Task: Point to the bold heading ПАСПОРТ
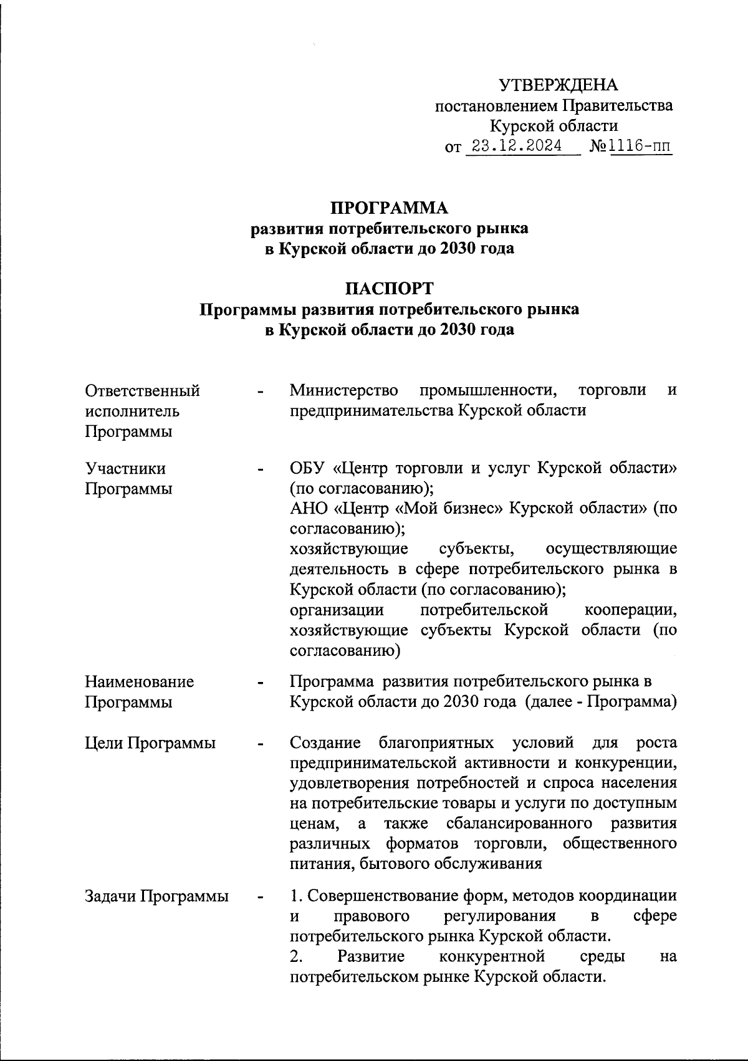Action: tap(389, 289)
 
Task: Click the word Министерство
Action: tap(344, 391)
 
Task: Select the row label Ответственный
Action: tap(143, 391)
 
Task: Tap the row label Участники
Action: tap(125, 468)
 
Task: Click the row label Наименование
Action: tap(140, 682)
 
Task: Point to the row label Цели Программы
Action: tap(150, 743)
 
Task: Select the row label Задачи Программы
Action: tap(156, 897)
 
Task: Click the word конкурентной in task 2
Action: tap(492, 956)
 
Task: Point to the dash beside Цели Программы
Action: tap(261, 744)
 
